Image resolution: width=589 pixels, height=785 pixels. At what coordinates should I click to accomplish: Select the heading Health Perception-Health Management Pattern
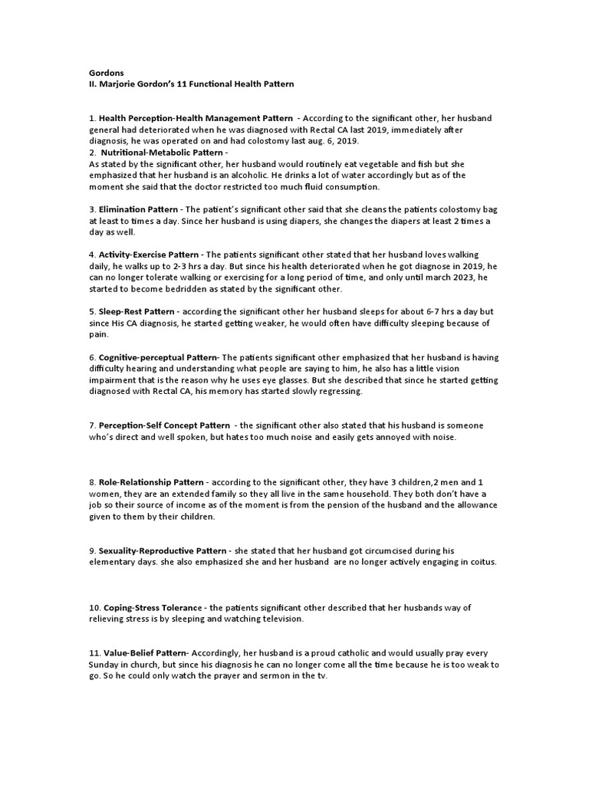[x=196, y=118]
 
